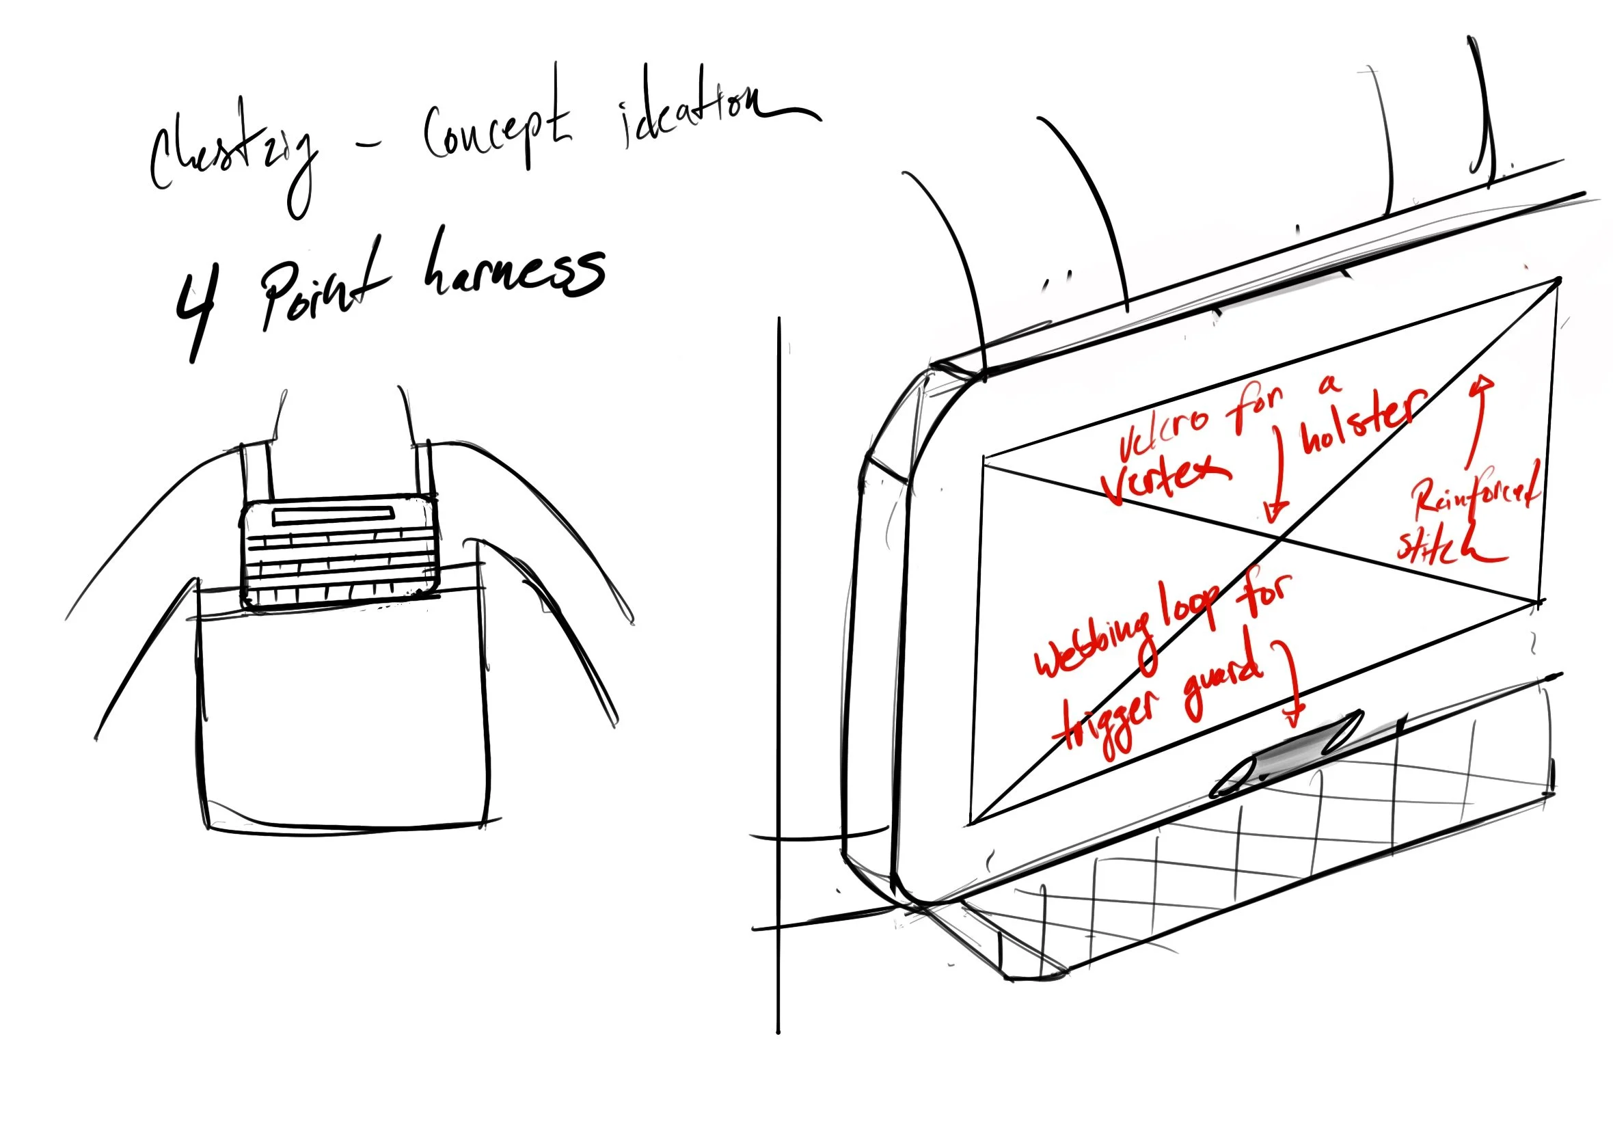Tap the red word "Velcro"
[1162, 429]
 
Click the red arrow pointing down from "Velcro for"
[1278, 470]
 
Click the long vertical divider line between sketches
[778, 674]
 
